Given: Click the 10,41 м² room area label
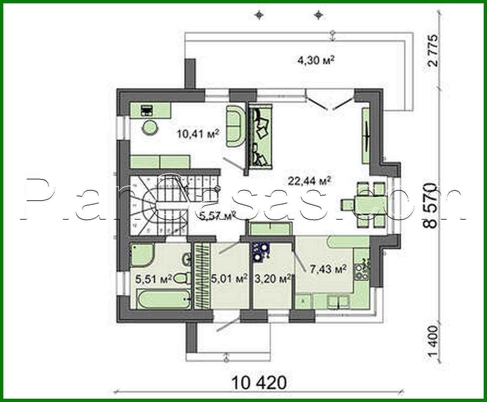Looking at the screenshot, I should (198, 133).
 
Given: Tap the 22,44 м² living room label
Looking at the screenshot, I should (310, 180).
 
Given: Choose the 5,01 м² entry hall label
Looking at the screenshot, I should (230, 279).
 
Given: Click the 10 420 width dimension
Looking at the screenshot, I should (259, 383).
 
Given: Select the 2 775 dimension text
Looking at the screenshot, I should (434, 51).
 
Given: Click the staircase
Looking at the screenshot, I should (157, 205).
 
